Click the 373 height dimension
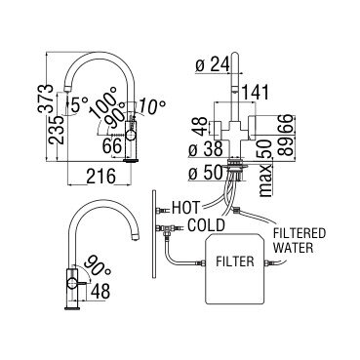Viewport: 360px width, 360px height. [45, 99]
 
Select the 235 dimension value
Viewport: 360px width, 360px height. [56, 130]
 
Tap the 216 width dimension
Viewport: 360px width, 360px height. [101, 177]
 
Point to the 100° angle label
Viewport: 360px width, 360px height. [104, 101]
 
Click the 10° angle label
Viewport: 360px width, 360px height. [152, 106]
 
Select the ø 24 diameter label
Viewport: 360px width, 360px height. [213, 65]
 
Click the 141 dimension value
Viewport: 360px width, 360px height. [256, 93]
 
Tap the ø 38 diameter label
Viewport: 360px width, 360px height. [206, 149]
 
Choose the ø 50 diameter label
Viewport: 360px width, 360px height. [206, 173]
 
